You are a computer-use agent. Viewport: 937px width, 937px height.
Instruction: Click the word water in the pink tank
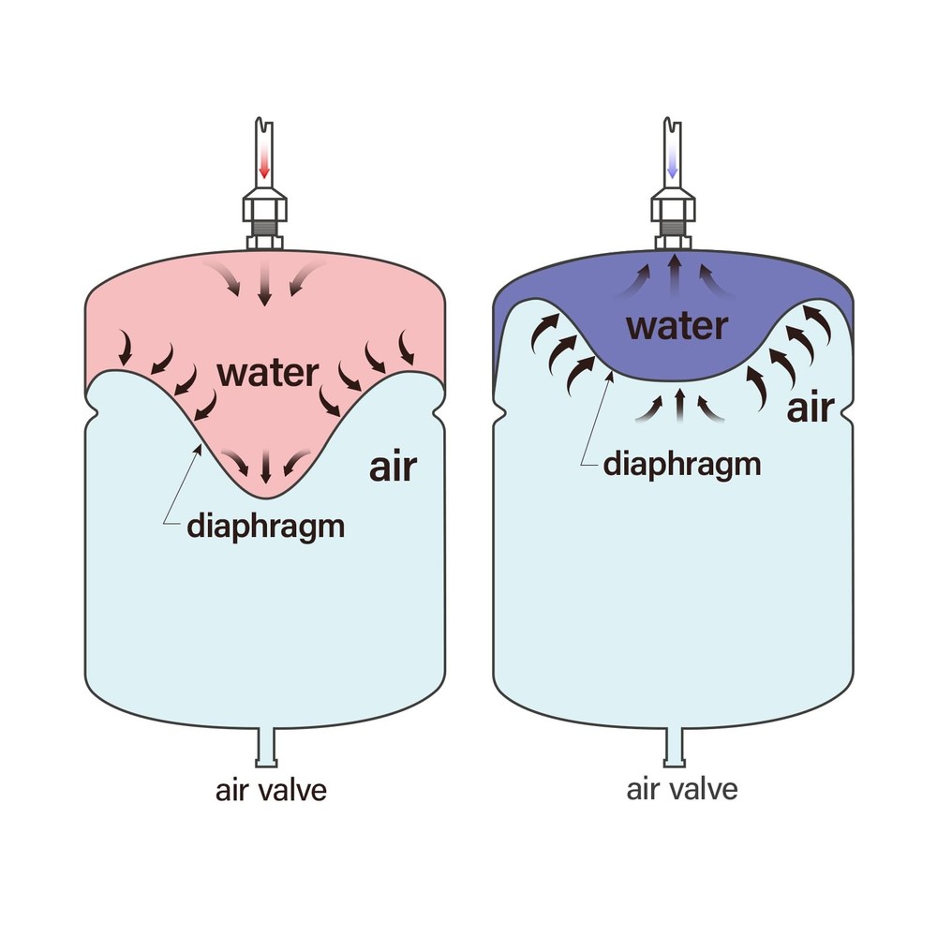pos(267,372)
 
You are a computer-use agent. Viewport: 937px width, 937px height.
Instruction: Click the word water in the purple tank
pos(677,326)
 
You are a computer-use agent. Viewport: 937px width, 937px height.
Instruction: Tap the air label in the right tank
pos(810,409)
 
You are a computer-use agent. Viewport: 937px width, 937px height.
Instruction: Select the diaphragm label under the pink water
pos(265,526)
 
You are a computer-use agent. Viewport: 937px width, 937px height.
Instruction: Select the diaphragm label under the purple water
pos(681,464)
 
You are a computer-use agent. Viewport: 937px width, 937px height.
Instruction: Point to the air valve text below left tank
pos(271,790)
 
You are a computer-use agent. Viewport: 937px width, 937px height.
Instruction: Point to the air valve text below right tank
pos(681,789)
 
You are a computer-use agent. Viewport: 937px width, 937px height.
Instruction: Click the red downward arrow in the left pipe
pos(264,166)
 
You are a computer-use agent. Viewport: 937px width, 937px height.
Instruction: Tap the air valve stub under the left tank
pos(265,746)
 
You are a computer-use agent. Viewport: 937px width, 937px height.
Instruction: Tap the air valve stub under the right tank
pos(675,746)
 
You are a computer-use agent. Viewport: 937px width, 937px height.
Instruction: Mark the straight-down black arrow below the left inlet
pos(264,284)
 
